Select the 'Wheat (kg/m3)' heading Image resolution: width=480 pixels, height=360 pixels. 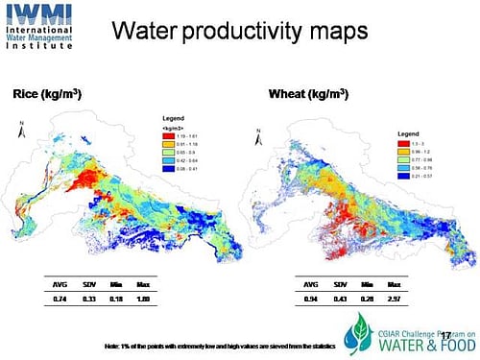point(299,95)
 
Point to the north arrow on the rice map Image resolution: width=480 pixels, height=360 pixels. point(20,124)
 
